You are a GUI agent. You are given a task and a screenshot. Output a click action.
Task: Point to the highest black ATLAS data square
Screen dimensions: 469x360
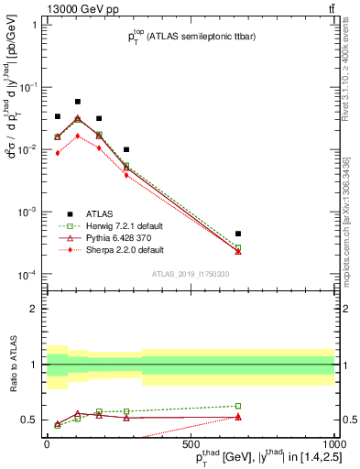pos(78,102)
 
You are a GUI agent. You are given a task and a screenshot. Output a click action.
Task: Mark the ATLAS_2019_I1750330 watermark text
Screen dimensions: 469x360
pos(191,274)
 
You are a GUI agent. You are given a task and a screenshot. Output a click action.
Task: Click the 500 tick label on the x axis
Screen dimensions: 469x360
pos(191,445)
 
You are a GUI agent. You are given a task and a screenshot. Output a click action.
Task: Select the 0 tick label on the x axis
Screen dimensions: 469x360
pos(48,445)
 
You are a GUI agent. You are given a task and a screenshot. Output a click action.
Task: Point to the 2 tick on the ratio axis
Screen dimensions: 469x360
pos(37,309)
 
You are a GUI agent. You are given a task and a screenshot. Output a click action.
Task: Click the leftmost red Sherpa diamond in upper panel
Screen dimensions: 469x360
pos(57,153)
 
